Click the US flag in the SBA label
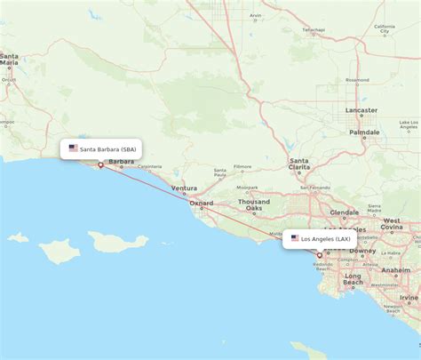pos(73,148)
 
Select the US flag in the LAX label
pos(295,238)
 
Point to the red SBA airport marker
pos(100,164)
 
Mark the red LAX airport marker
pos(320,255)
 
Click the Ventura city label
pos(185,188)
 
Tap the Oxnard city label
pos(202,203)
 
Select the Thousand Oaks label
pos(253,205)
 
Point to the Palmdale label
pos(364,132)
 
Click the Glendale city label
pos(344,212)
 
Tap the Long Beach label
pos(353,280)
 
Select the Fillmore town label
pos(242,166)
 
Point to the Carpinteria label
pos(149,166)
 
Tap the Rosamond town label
pos(357,79)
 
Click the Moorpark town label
pos(248,188)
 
